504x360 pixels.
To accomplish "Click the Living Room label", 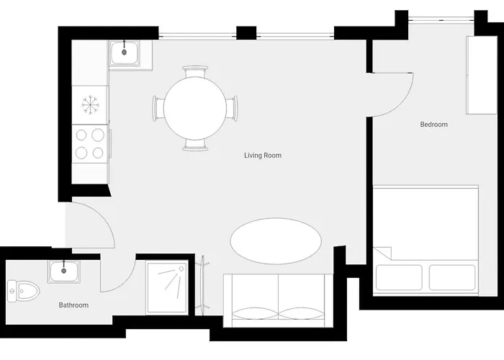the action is (x=263, y=156).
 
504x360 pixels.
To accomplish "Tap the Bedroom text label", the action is (x=433, y=125).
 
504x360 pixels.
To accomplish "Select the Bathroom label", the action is (x=73, y=305).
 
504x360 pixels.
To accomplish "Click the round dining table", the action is (x=195, y=108).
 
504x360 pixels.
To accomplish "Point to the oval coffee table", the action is (x=276, y=241).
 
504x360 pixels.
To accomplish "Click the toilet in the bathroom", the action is (x=23, y=291).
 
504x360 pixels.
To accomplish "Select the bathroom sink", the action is (x=64, y=271).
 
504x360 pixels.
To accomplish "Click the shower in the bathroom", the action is (x=167, y=287).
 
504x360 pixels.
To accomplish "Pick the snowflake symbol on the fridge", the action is (x=90, y=105).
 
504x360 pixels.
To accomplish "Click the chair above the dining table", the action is (x=195, y=72).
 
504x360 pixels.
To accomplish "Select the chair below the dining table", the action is (x=195, y=145).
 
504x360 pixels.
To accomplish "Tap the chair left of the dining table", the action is (x=158, y=108).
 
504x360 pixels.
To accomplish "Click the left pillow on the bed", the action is (x=399, y=277).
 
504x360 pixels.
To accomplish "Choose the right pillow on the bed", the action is (x=452, y=277).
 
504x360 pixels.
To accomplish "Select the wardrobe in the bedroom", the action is (x=482, y=75).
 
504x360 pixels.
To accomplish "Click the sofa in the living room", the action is (x=279, y=300).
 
